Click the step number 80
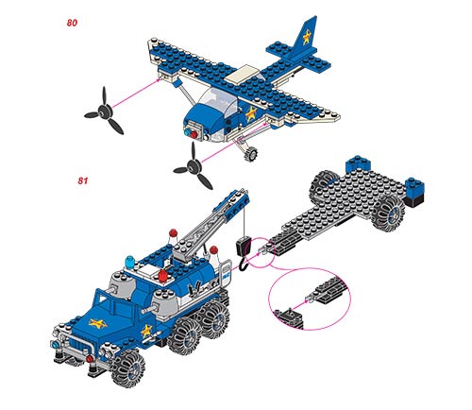coord(72,23)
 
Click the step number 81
coord(82,180)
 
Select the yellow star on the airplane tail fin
coord(307,37)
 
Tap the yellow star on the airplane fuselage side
coord(251,113)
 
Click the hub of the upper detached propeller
coord(104,111)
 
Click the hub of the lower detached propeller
coord(194,166)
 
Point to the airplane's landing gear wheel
coord(251,154)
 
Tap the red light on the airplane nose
coord(194,135)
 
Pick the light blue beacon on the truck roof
coord(129,262)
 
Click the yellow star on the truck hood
coord(97,323)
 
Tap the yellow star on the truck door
coord(146,331)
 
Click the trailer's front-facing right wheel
coord(388,214)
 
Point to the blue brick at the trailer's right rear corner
coord(414,187)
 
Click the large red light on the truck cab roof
coord(162,276)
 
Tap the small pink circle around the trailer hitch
coord(260,252)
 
